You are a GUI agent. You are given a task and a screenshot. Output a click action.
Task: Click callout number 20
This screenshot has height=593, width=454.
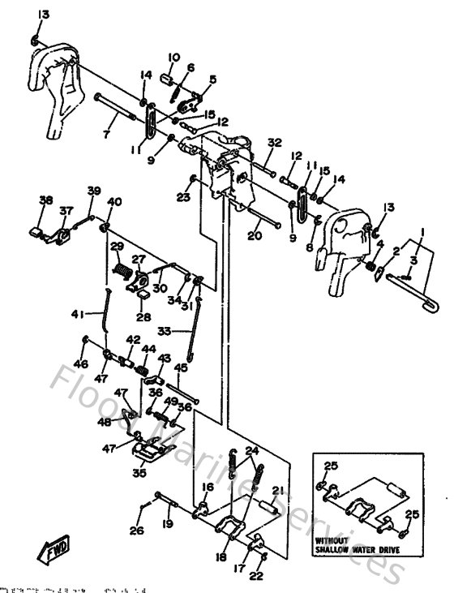(x=255, y=237)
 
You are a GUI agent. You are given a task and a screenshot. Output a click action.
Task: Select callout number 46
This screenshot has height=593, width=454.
(x=81, y=364)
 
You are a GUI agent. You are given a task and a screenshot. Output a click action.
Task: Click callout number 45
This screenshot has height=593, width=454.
(x=180, y=367)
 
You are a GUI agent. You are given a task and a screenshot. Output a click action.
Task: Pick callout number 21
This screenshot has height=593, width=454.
(x=278, y=490)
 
